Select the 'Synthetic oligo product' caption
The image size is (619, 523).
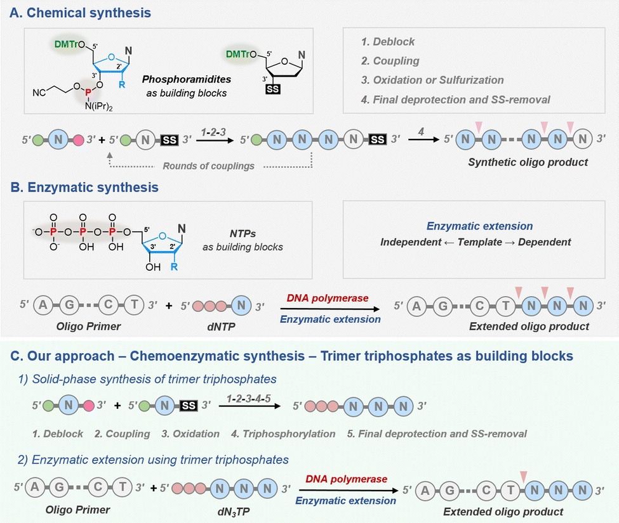[x=528, y=162]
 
